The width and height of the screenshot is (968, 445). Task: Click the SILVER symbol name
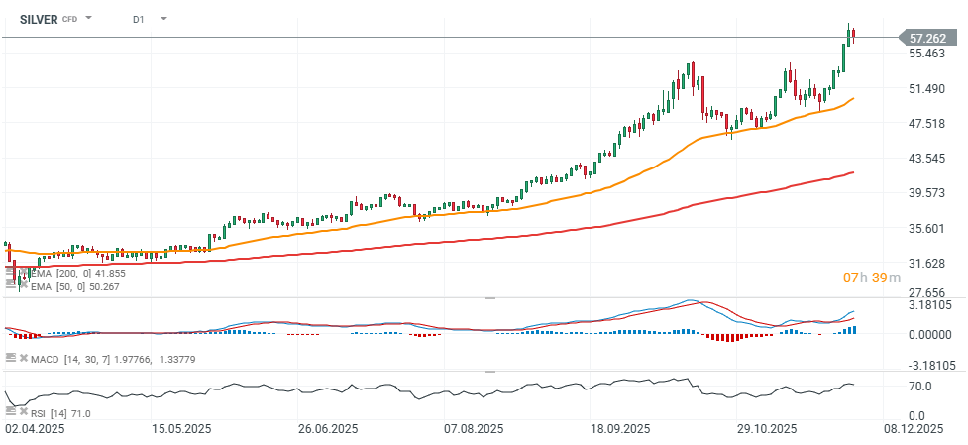click(x=39, y=18)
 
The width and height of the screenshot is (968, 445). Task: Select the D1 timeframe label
click(x=139, y=18)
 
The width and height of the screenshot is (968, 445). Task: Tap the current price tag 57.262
click(x=930, y=38)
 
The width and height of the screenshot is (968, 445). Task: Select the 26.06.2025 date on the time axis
click(x=326, y=429)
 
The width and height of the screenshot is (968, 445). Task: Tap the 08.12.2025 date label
click(x=913, y=429)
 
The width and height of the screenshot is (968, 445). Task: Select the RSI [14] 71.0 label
click(x=61, y=413)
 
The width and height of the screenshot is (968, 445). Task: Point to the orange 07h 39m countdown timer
click(x=871, y=278)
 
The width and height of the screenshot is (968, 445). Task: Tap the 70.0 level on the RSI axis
click(x=920, y=386)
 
